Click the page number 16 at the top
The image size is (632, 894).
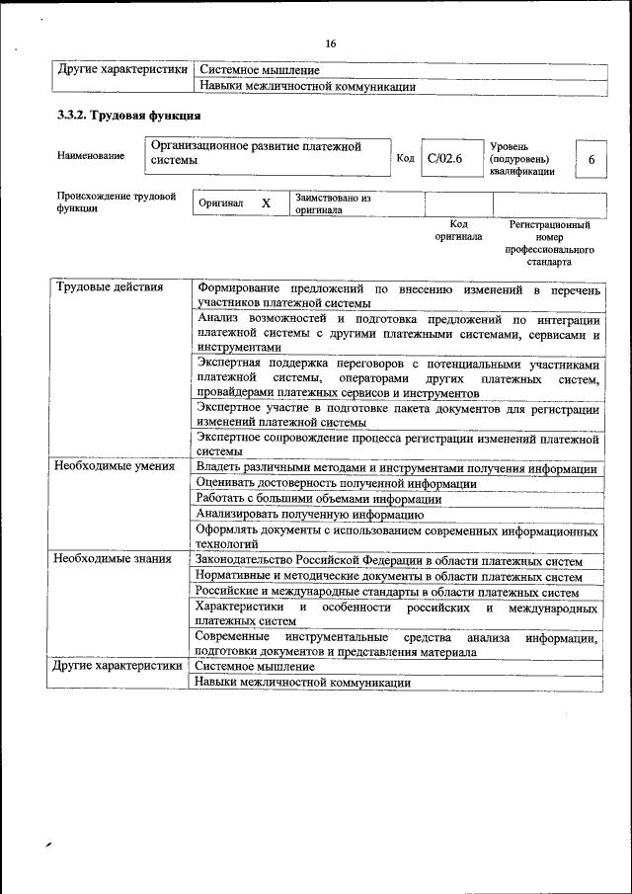[330, 42]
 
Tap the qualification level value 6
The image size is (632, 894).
[591, 159]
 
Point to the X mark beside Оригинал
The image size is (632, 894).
[266, 203]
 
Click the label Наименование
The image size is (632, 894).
[91, 156]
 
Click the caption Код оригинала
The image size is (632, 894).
[457, 231]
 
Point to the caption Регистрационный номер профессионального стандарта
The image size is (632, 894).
[549, 244]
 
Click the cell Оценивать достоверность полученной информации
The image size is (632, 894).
[337, 483]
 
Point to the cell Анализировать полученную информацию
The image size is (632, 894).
[310, 514]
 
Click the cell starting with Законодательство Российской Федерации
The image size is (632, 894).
[395, 559]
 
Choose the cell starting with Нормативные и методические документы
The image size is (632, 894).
[388, 576]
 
